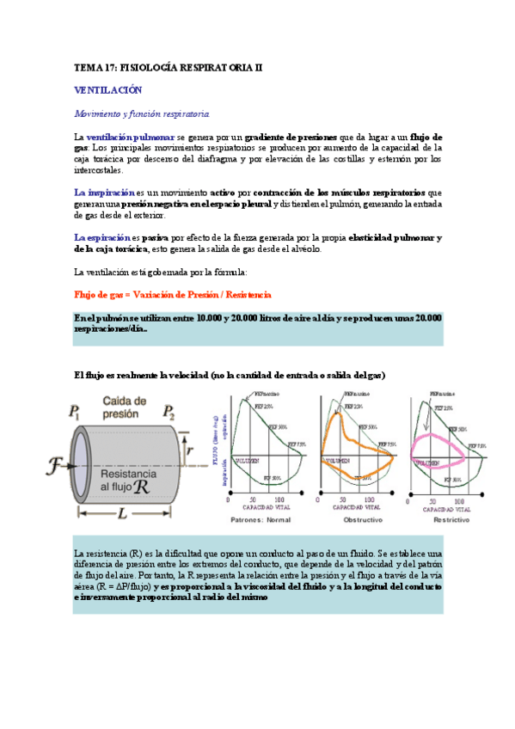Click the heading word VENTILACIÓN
tap(107, 89)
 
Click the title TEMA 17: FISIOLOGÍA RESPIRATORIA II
tap(168, 66)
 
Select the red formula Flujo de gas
tap(173, 294)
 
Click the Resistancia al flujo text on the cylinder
tap(128, 480)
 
